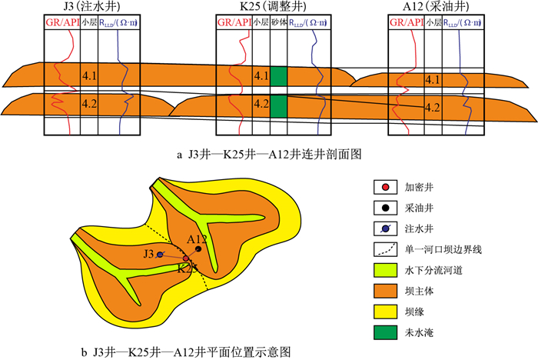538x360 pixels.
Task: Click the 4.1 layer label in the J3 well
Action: pyautogui.click(x=89, y=76)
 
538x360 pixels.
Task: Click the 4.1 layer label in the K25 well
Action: pyautogui.click(x=261, y=76)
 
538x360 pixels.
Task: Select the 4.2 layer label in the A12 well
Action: pyautogui.click(x=433, y=107)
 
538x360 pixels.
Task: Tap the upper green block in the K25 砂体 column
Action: pyautogui.click(x=278, y=76)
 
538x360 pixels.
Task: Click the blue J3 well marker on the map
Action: pyautogui.click(x=160, y=254)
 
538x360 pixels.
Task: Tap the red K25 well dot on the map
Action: pyautogui.click(x=185, y=259)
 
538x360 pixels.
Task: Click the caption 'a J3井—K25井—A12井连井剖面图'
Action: pyautogui.click(x=269, y=155)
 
